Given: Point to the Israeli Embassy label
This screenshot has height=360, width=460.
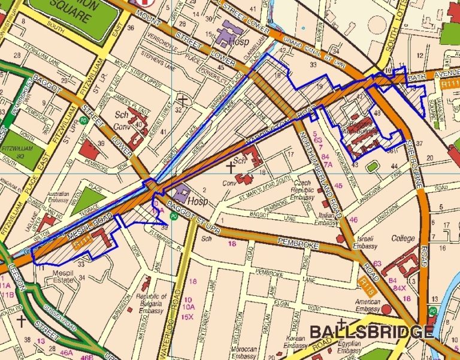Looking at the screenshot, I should pyautogui.click(x=365, y=241).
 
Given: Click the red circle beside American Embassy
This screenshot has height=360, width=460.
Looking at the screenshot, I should pyautogui.click(x=386, y=308).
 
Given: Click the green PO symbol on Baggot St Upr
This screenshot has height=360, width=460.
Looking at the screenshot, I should pyautogui.click(x=174, y=217).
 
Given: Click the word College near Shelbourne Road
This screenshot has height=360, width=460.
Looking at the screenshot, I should pyautogui.click(x=402, y=238).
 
